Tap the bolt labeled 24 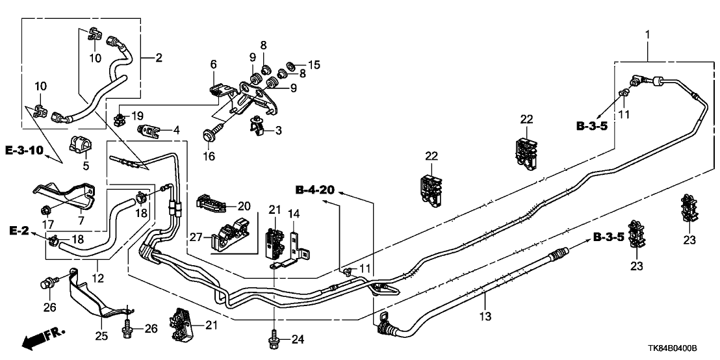coord(273,339)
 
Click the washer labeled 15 coord(292,66)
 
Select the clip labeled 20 coord(211,204)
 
